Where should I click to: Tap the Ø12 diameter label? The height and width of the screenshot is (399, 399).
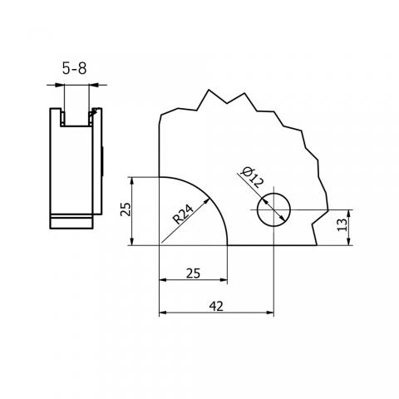click(x=250, y=177)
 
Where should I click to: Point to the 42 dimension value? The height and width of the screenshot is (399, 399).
click(x=216, y=306)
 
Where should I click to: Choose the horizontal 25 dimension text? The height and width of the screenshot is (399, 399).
click(x=192, y=273)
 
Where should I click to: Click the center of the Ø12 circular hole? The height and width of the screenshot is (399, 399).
click(x=273, y=210)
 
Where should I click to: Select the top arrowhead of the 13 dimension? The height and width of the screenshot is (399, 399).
click(x=349, y=214)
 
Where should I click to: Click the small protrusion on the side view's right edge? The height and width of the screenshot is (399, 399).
click(x=103, y=160)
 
